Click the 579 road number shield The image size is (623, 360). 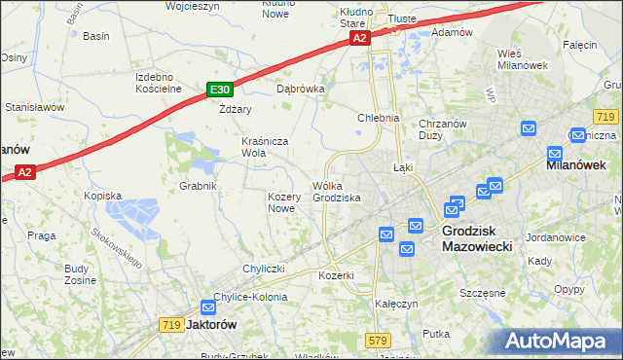pos(379,340)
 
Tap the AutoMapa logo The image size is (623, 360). pos(560,341)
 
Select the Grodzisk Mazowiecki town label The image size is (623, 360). pos(483,239)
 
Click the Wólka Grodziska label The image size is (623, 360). pos(337,192)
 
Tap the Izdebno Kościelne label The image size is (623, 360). pos(159,83)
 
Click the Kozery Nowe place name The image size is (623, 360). pos(281,202)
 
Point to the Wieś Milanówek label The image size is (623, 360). pos(524,58)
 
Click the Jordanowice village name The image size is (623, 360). pos(555,237)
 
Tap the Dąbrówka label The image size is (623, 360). pos(300,88)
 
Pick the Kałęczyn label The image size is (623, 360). pos(396,304)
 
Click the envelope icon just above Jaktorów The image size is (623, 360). pos(206,306)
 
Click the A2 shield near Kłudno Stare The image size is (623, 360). pos(359,38)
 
